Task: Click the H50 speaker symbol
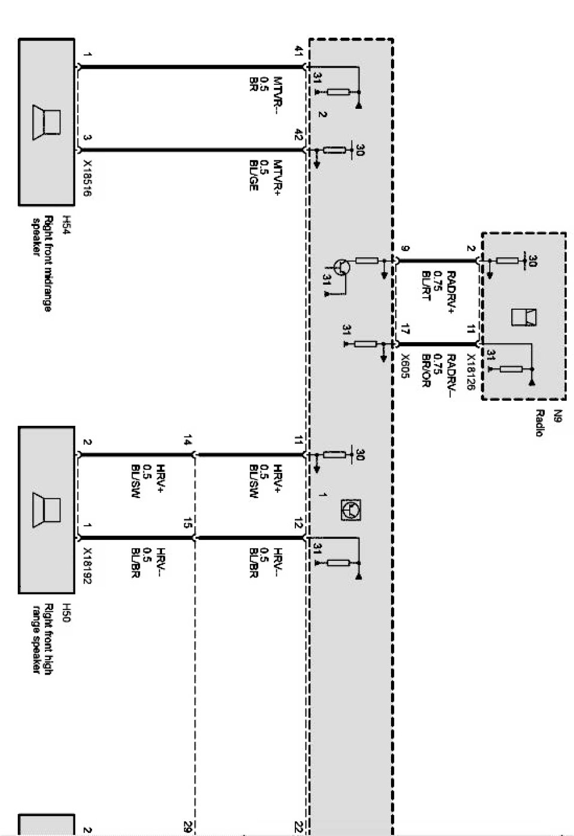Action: [47, 509]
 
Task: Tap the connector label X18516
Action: [87, 178]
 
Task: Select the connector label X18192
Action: [87, 565]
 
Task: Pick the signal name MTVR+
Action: [277, 177]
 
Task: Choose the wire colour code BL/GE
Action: [253, 175]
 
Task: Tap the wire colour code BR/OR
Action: [426, 371]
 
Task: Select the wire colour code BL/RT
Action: [426, 286]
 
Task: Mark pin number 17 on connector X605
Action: [405, 329]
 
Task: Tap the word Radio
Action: [539, 423]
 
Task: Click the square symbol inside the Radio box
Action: [523, 318]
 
